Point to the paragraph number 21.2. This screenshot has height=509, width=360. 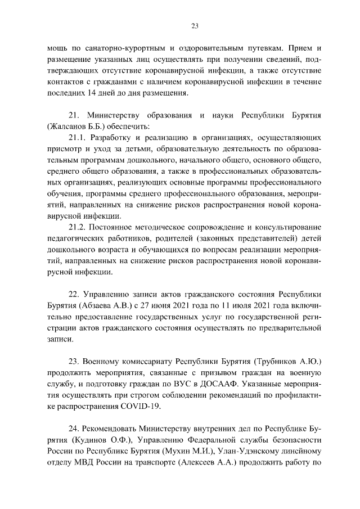(77, 227)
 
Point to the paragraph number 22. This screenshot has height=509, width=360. (74, 294)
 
